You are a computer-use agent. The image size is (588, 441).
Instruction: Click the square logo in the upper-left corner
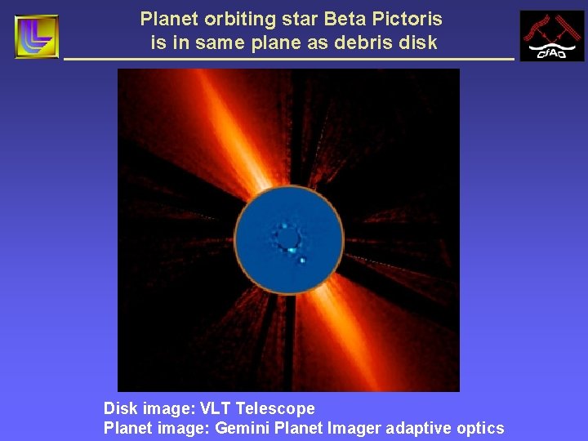pos(37,37)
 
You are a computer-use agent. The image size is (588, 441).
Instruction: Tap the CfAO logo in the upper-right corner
pos(551,37)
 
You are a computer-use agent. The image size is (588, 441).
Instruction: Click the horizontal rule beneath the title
pos(289,60)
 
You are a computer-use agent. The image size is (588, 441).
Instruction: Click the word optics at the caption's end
pos(481,428)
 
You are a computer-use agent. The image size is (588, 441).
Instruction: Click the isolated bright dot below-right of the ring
pos(302,261)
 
